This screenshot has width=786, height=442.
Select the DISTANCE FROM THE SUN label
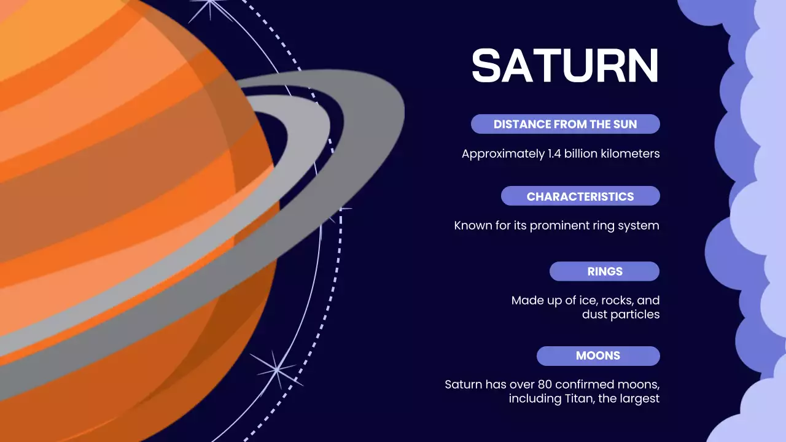(x=565, y=124)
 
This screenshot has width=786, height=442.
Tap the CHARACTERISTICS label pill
(x=580, y=196)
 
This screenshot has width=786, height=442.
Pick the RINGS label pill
(x=604, y=271)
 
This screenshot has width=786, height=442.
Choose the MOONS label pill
(x=597, y=355)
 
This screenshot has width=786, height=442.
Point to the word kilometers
(x=629, y=153)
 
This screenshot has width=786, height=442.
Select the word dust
(x=594, y=314)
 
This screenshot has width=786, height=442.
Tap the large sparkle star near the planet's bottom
(x=277, y=369)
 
